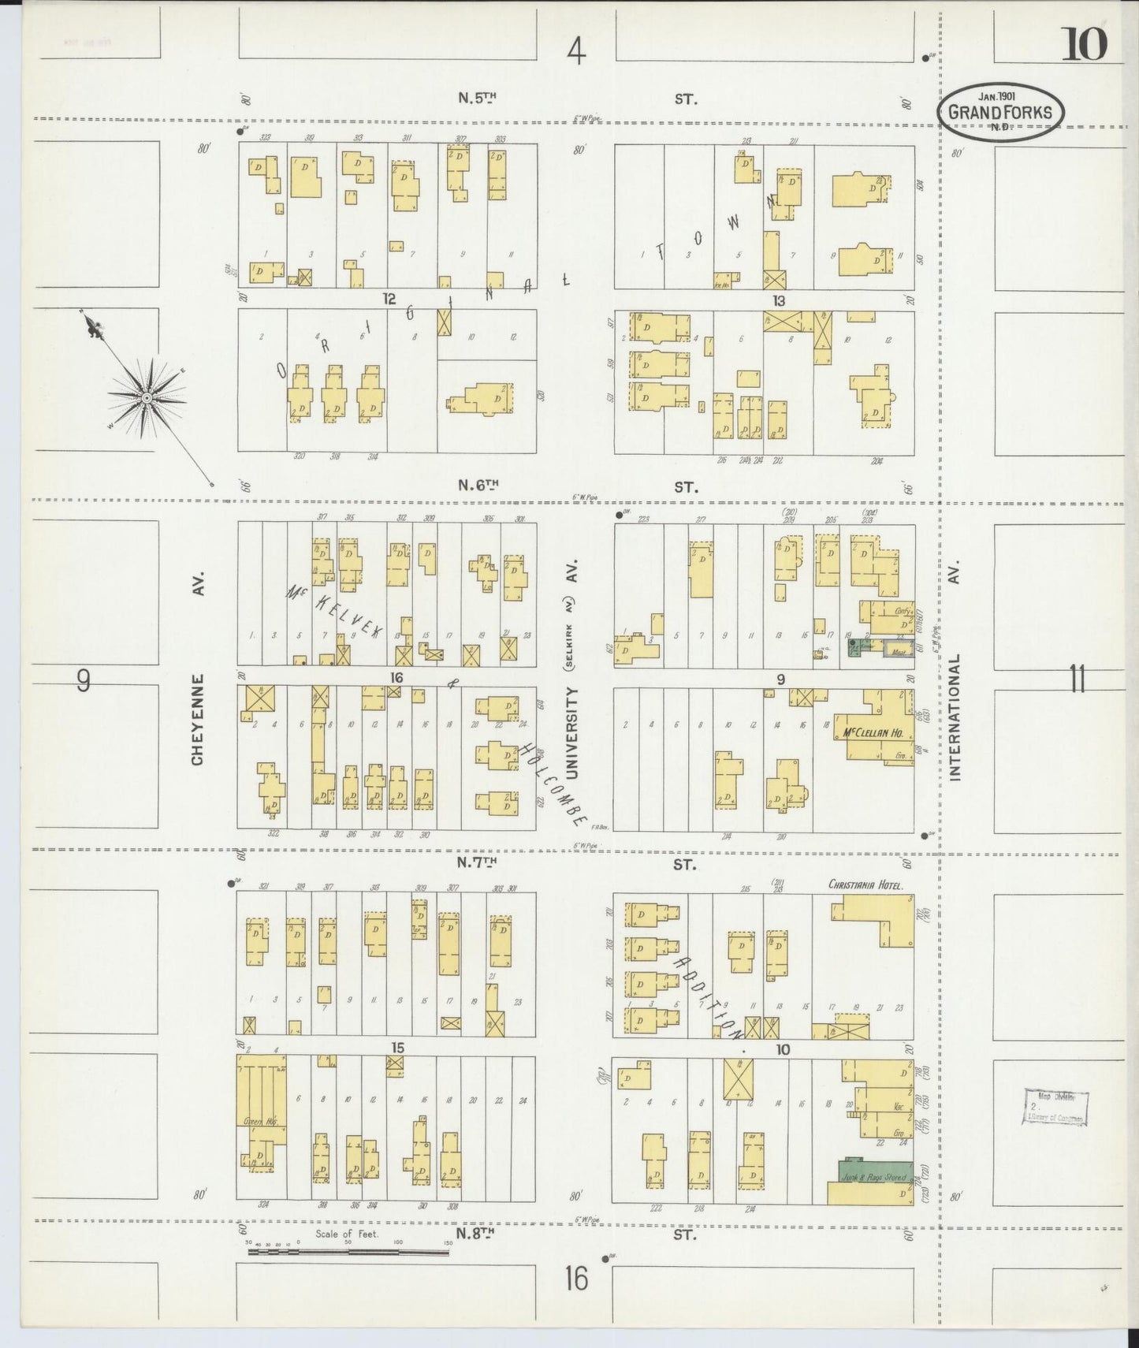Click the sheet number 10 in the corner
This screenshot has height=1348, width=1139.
tap(1085, 43)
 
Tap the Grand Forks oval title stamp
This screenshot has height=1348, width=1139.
tap(999, 113)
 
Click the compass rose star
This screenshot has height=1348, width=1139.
tap(146, 399)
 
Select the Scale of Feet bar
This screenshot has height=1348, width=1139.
tap(347, 1250)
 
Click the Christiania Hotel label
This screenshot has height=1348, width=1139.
tap(865, 884)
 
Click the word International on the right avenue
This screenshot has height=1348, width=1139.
tap(955, 717)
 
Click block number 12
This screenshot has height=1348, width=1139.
tap(388, 299)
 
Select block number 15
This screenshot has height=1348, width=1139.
tap(397, 1048)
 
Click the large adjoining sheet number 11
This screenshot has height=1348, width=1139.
tap(1078, 679)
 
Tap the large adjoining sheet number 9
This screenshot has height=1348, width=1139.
tap(84, 680)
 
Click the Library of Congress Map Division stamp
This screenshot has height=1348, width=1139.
tap(1055, 1106)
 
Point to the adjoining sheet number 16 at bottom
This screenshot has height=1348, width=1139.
tap(576, 1278)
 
